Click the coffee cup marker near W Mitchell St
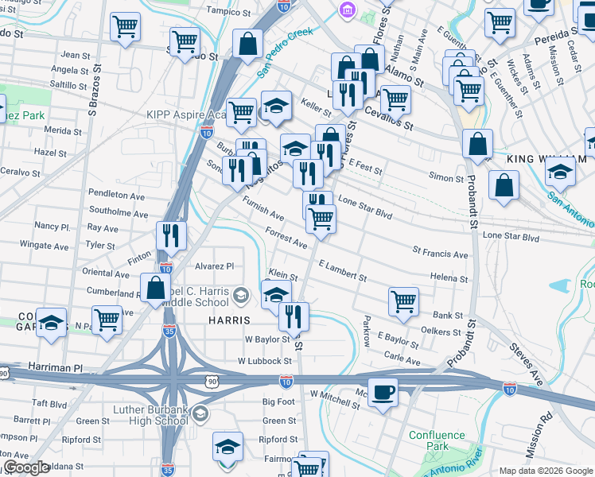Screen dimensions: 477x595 383,393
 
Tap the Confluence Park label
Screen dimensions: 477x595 437,440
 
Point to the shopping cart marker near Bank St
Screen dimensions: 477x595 403,302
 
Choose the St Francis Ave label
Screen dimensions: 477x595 440,254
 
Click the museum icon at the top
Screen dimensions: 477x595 348,10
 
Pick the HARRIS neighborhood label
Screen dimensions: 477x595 230,320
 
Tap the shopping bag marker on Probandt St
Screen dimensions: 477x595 476,145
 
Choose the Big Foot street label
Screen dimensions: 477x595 278,401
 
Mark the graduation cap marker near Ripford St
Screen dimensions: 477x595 227,447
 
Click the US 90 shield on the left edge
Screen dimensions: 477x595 4,374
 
